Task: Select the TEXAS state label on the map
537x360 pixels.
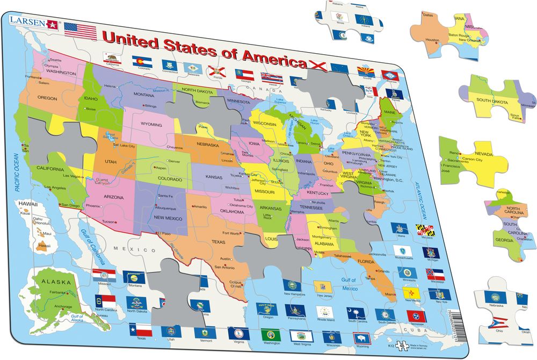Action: (219, 241)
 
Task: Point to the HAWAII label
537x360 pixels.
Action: (30, 205)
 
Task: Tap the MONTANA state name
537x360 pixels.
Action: (144, 95)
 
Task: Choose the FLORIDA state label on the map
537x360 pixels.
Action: (366, 262)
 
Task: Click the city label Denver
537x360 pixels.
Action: (176, 161)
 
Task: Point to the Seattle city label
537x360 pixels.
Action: (55, 60)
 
